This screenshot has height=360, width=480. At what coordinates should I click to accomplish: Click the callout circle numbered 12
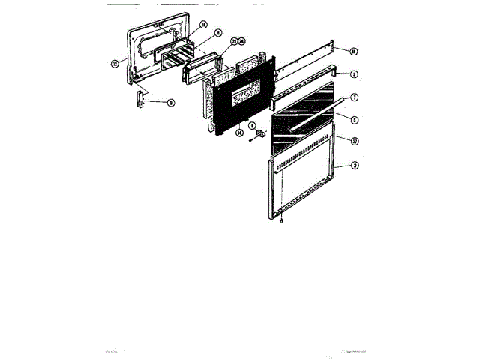(x=115, y=64)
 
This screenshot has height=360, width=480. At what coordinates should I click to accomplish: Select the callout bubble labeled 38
(x=203, y=25)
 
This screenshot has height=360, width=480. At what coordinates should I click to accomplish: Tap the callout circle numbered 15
(x=354, y=50)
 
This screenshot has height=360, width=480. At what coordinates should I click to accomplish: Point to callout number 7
(x=354, y=97)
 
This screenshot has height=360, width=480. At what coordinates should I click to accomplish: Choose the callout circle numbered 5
(x=354, y=119)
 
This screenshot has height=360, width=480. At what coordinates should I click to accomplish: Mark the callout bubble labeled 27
(x=354, y=140)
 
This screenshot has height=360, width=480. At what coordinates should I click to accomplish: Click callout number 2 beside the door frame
(x=354, y=166)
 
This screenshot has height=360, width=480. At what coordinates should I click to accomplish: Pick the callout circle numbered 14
(x=239, y=133)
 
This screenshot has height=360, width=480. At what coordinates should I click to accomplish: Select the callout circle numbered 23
(x=233, y=40)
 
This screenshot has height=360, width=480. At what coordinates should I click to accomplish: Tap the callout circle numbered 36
(x=241, y=40)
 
